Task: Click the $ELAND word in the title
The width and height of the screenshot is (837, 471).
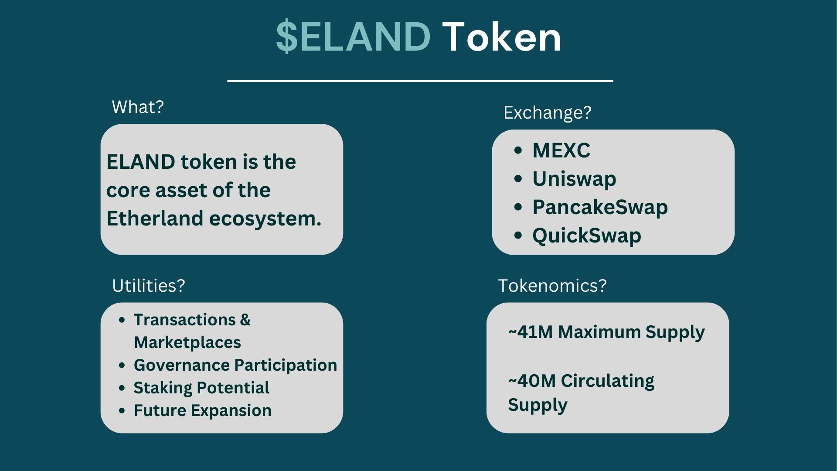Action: pyautogui.click(x=353, y=37)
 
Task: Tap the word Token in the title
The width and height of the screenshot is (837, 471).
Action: pyautogui.click(x=502, y=37)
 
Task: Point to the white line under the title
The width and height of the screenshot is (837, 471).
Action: pyautogui.click(x=420, y=81)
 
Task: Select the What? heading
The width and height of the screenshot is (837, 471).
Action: pyautogui.click(x=138, y=107)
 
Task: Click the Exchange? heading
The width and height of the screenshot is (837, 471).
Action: pyautogui.click(x=548, y=113)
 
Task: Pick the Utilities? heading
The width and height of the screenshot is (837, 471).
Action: pyautogui.click(x=149, y=286)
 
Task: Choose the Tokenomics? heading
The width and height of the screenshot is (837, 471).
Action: pyautogui.click(x=552, y=286)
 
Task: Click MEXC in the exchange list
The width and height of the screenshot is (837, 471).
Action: pyautogui.click(x=561, y=150)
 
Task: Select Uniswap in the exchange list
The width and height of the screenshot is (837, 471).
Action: pyautogui.click(x=574, y=179)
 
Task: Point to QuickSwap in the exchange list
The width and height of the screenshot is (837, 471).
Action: pyautogui.click(x=587, y=235)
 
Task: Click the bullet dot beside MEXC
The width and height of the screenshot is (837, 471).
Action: pyautogui.click(x=518, y=150)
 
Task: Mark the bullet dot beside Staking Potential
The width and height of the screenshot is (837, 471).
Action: pyautogui.click(x=122, y=388)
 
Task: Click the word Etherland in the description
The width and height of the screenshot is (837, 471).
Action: pyautogui.click(x=155, y=218)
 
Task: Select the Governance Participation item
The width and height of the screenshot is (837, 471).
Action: pyautogui.click(x=235, y=365)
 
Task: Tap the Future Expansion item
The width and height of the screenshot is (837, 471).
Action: pyautogui.click(x=203, y=410)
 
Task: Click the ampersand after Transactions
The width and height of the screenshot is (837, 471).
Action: pyautogui.click(x=245, y=320)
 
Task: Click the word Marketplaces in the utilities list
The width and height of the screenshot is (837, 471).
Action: pyautogui.click(x=187, y=342)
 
